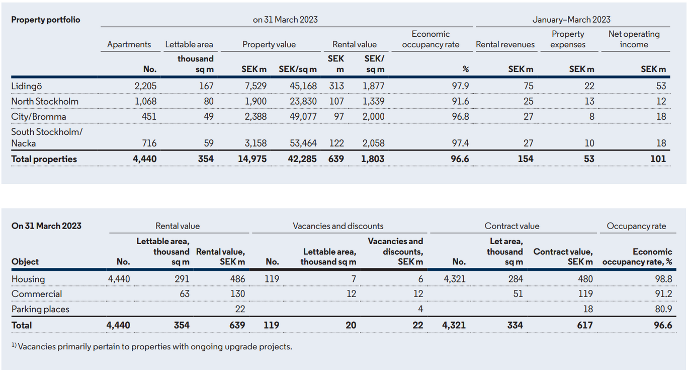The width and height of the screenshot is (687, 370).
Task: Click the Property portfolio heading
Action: [46, 20]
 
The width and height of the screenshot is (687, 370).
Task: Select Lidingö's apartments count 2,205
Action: [145, 86]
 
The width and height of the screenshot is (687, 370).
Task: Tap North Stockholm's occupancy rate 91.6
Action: [460, 101]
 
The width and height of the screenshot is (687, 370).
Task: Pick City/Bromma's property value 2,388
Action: [255, 117]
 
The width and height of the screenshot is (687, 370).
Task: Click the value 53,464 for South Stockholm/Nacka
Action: [303, 143]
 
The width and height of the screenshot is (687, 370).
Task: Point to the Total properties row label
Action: [44, 159]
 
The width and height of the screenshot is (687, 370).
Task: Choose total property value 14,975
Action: [252, 159]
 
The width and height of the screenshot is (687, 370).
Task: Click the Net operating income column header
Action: [634, 39]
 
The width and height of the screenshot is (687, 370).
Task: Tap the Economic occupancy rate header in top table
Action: [431, 39]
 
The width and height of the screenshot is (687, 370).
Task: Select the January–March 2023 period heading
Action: [571, 20]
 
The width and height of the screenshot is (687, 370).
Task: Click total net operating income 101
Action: [658, 159]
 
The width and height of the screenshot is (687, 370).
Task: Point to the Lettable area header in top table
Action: [189, 44]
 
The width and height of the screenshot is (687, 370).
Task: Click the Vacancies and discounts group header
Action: [338, 226]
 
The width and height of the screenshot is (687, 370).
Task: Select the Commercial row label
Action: [37, 294]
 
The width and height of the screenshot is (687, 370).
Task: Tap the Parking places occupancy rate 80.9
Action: [663, 309]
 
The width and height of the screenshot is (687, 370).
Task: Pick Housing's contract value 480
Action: [585, 279]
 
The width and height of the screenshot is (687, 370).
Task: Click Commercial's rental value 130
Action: [237, 294]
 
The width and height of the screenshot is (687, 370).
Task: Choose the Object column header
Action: [25, 262]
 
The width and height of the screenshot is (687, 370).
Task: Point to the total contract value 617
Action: [584, 325]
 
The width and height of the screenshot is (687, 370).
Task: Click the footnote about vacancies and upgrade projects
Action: [152, 347]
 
